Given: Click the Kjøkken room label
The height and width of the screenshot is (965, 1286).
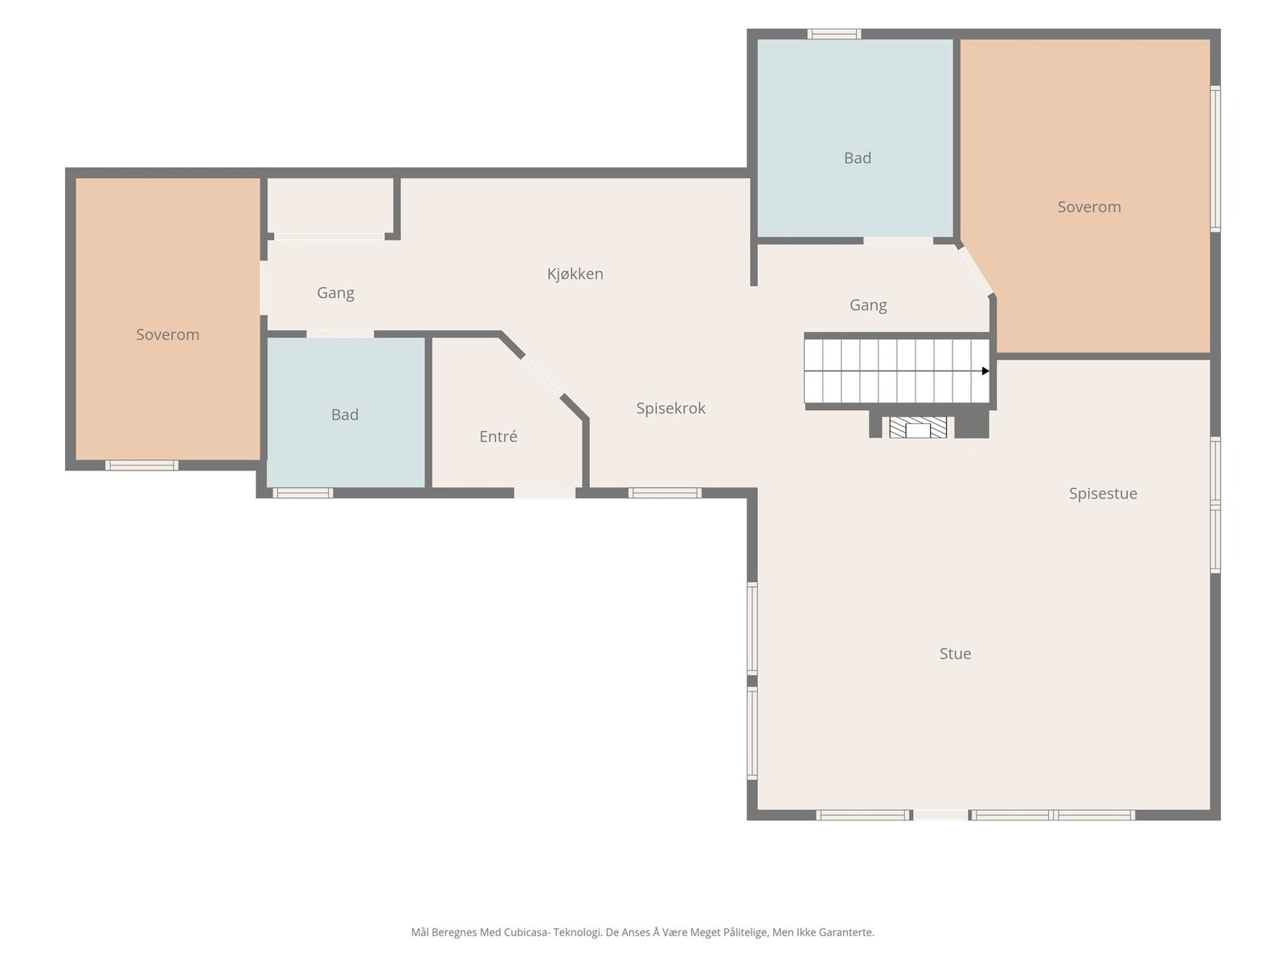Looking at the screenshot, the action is pyautogui.click(x=575, y=274).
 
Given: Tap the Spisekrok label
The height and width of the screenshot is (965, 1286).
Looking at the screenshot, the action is pyautogui.click(x=671, y=409).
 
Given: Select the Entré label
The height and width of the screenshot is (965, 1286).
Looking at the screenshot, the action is pyautogui.click(x=498, y=437).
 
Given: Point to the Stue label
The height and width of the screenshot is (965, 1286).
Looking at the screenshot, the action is pyautogui.click(x=955, y=654).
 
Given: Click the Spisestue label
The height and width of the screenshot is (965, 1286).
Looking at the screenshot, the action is pyautogui.click(x=1104, y=494).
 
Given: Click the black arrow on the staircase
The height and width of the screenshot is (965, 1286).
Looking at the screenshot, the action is pyautogui.click(x=985, y=371).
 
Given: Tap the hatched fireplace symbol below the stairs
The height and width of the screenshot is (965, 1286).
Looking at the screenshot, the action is pyautogui.click(x=918, y=427).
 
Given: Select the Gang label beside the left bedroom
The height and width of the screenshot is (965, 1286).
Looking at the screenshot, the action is pyautogui.click(x=336, y=293).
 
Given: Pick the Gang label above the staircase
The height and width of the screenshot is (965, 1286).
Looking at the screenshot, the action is pyautogui.click(x=868, y=306).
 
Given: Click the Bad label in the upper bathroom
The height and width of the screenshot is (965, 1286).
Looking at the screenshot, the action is pyautogui.click(x=857, y=158).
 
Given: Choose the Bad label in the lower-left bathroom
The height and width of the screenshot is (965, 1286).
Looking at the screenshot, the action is pyautogui.click(x=345, y=415).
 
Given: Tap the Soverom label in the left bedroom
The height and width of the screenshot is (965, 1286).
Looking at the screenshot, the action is pyautogui.click(x=167, y=335).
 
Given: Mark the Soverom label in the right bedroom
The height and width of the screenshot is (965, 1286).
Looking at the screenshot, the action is pyautogui.click(x=1089, y=207).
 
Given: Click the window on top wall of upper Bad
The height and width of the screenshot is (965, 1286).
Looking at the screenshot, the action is pyautogui.click(x=834, y=34).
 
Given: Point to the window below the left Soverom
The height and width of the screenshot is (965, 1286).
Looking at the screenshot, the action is pyautogui.click(x=141, y=466).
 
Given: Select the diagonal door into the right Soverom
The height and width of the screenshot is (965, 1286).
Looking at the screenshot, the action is pyautogui.click(x=976, y=271).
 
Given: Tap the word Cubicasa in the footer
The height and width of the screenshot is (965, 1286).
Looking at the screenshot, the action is pyautogui.click(x=526, y=932).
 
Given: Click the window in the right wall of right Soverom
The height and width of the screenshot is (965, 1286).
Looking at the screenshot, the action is pyautogui.click(x=1215, y=158).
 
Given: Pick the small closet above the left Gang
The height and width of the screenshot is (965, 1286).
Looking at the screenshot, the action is pyautogui.click(x=330, y=205).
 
